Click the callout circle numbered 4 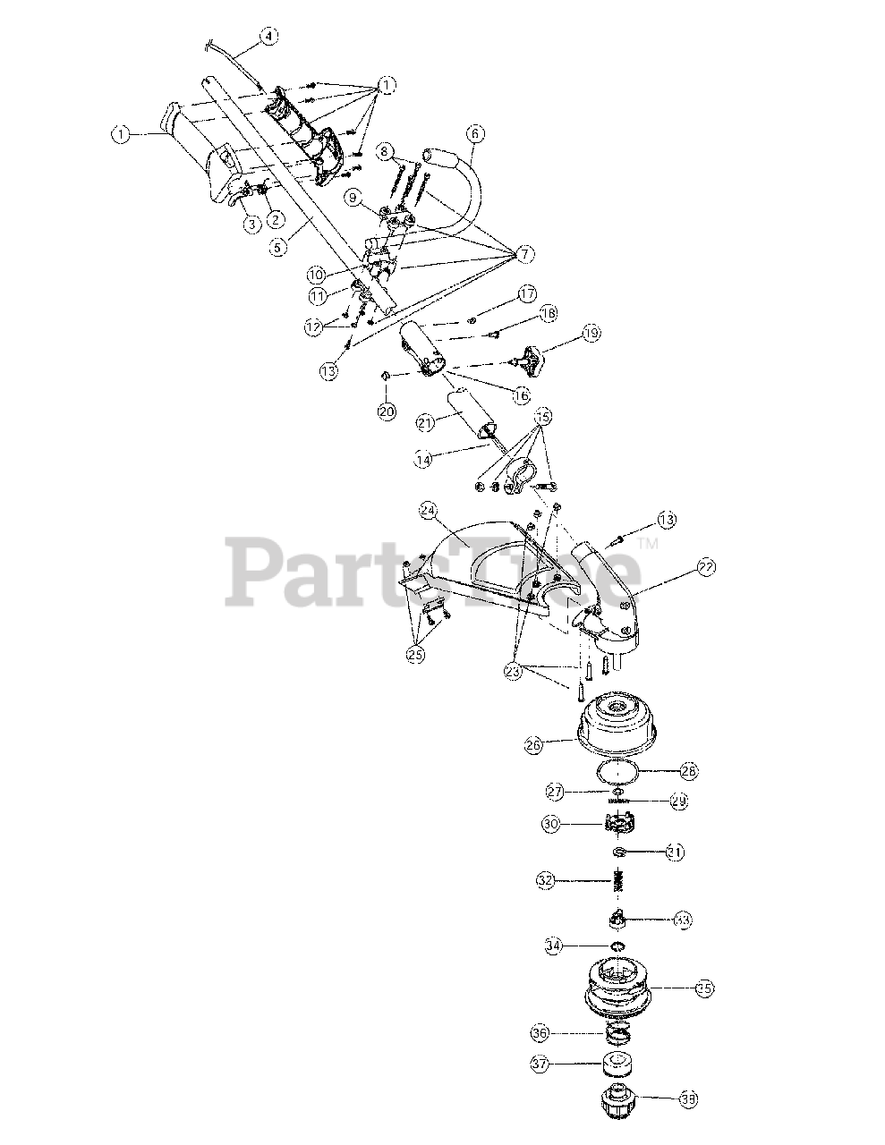coord(268,37)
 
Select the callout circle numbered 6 coord(475,134)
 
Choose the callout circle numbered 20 coord(387,411)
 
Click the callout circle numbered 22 coord(707,566)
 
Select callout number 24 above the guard coord(428,512)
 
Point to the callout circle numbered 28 coord(690,770)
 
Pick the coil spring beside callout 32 coord(617,882)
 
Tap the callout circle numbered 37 coord(564,1064)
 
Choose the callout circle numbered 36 coord(564,1032)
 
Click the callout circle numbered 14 coord(425,458)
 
